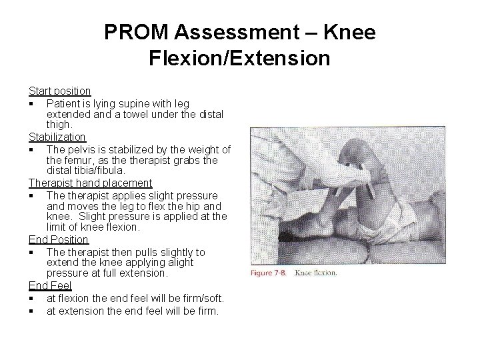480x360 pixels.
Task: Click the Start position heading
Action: tap(59, 91)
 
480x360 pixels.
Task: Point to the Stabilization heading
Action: tap(57, 137)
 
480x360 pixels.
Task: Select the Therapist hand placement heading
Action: tap(90, 183)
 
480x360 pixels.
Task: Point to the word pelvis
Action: tap(81, 149)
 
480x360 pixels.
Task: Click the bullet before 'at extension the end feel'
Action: tap(31, 311)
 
